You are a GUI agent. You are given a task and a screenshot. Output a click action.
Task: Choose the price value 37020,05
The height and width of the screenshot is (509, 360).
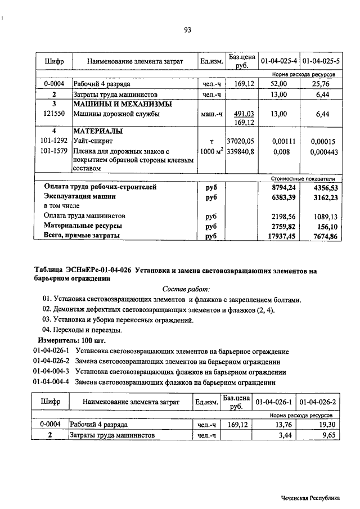tap(240, 142)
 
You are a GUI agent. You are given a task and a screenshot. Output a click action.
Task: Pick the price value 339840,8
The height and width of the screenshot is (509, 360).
tap(240, 151)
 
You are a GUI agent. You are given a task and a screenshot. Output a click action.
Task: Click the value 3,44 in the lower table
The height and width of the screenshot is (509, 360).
tap(284, 435)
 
